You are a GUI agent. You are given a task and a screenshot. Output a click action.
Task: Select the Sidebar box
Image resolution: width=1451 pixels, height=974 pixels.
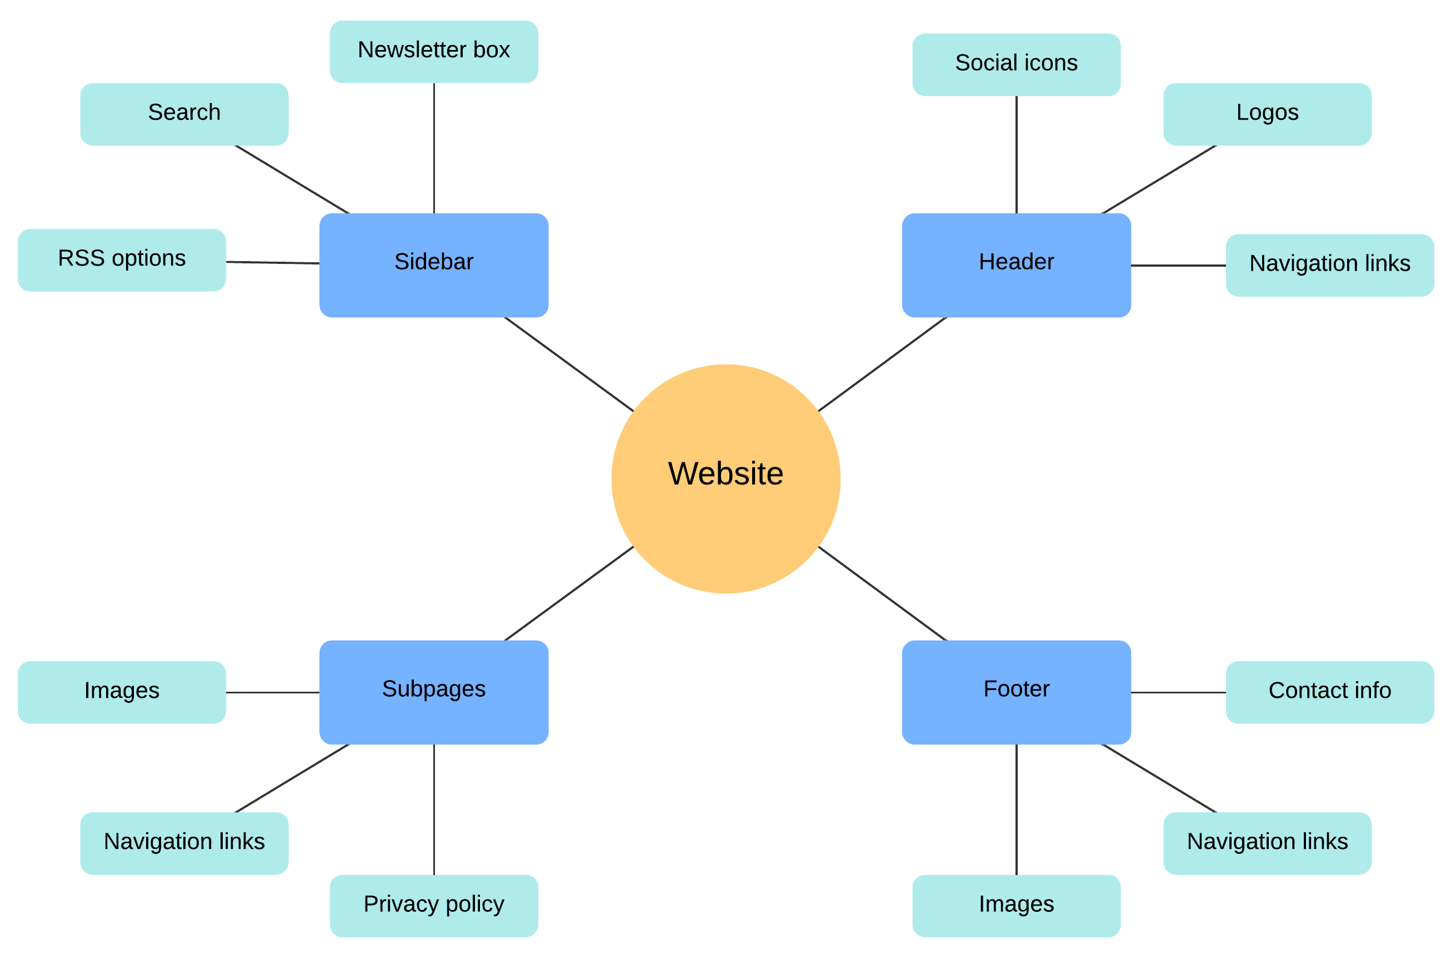[x=433, y=265]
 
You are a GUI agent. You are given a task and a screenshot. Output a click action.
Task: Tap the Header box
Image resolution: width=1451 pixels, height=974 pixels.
[x=1016, y=265]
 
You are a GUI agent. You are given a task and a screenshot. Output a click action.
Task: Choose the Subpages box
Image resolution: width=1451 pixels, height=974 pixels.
[x=433, y=692]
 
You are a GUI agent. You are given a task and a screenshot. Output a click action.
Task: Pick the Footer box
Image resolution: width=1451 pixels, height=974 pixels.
[x=1016, y=692]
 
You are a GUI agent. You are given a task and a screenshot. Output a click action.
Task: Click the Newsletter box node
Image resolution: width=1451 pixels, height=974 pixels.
[x=433, y=52]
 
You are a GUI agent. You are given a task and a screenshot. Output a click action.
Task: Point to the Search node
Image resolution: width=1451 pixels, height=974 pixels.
[x=184, y=114]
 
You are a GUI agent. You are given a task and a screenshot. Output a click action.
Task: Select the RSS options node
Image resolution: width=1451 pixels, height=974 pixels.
[x=122, y=259]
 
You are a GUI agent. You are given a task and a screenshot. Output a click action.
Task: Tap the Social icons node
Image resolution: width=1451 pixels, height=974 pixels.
[x=1016, y=64]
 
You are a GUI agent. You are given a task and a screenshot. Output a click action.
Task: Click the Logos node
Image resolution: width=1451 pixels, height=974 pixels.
[x=1267, y=114]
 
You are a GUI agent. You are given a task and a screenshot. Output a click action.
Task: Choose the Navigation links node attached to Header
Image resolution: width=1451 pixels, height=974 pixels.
[x=1329, y=265]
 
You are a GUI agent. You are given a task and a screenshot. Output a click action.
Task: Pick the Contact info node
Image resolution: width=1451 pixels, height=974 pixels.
[x=1329, y=692]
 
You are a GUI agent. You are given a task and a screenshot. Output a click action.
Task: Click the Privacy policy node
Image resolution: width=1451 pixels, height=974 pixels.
[x=433, y=906]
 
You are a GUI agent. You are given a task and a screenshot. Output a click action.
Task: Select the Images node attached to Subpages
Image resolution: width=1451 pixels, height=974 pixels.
[x=122, y=692]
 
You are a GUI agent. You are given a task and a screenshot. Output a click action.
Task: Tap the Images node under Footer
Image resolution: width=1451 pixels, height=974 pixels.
[x=1016, y=906]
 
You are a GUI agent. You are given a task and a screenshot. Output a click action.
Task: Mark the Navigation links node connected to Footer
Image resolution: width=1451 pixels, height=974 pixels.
[x=1267, y=843]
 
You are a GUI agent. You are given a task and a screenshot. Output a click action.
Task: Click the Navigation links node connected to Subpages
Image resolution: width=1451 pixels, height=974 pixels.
[x=184, y=843]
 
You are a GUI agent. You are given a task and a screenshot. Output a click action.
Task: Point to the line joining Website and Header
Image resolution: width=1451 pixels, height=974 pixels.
[x=882, y=364]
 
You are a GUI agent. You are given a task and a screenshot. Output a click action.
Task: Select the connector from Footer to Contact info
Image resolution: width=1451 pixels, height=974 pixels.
[x=1178, y=692]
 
